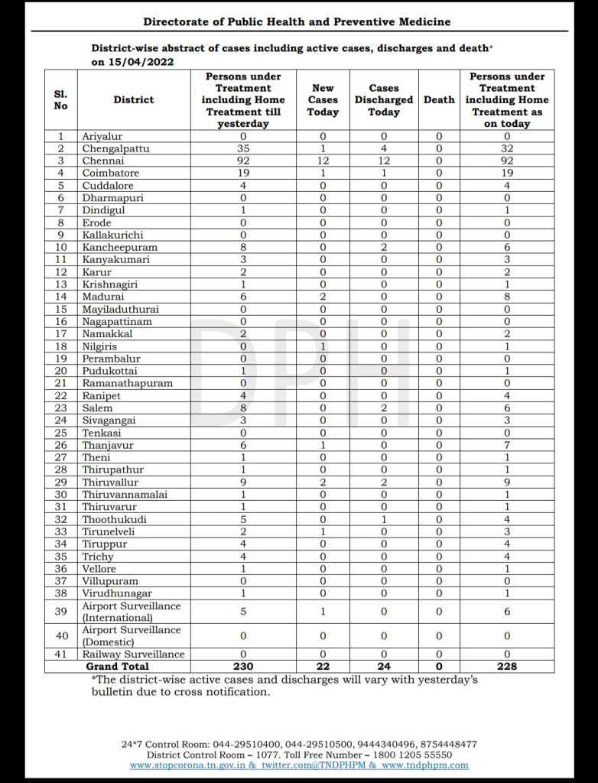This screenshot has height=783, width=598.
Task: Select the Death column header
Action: (x=439, y=99)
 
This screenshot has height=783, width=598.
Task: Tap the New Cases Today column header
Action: (x=323, y=99)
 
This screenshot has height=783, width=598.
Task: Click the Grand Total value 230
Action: (x=243, y=666)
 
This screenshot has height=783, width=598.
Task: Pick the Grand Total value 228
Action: (x=507, y=666)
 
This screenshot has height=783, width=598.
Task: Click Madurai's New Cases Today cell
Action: (x=323, y=297)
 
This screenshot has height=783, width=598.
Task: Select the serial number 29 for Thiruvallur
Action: (x=61, y=482)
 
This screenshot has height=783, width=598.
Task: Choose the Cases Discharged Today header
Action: (x=384, y=99)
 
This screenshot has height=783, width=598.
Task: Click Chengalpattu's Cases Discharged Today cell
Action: (x=384, y=149)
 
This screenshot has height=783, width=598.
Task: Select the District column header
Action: (x=133, y=99)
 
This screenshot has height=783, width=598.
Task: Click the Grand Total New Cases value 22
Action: (x=323, y=666)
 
